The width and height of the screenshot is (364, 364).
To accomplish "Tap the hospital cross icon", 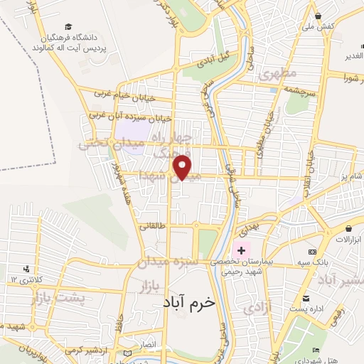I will coord(240,250).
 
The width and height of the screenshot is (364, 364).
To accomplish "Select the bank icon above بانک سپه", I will coord(311,252).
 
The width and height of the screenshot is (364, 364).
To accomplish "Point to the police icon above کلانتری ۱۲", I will coord(26,269).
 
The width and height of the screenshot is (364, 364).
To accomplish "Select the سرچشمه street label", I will coord(303,90).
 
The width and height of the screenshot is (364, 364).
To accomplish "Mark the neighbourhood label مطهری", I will coord(277,74).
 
